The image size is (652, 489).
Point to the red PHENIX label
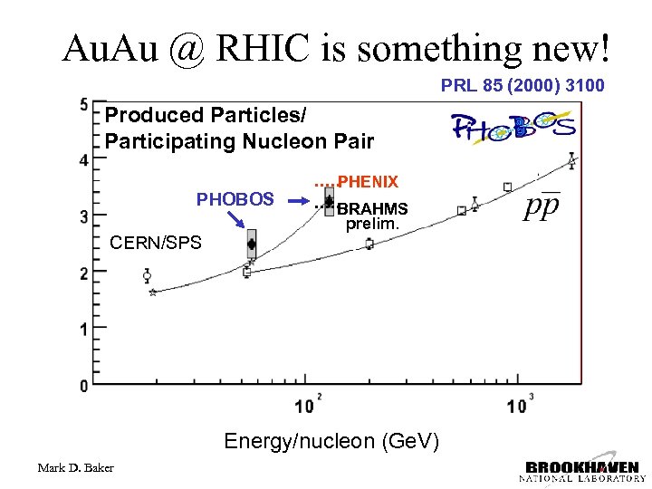click(x=368, y=183)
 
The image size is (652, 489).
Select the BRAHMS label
click(x=372, y=208)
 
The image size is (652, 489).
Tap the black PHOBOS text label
click(x=235, y=198)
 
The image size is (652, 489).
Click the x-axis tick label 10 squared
click(x=304, y=405)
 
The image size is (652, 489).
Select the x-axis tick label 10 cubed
click(x=517, y=405)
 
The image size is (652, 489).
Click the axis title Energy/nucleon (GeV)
click(x=331, y=441)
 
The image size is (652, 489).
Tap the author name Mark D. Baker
click(x=76, y=467)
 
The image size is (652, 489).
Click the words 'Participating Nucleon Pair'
click(x=239, y=141)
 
